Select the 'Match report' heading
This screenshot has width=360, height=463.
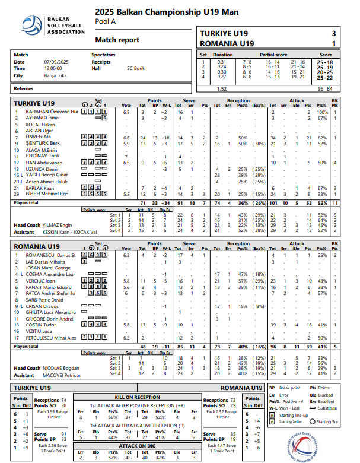117,40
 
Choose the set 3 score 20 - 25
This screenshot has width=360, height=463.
324,72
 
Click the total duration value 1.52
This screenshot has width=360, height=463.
222,88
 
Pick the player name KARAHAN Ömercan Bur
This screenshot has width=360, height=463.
53,112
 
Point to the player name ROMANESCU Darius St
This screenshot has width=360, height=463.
51,255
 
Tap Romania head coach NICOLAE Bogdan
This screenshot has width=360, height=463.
60,369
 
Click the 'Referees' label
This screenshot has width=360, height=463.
25,88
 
